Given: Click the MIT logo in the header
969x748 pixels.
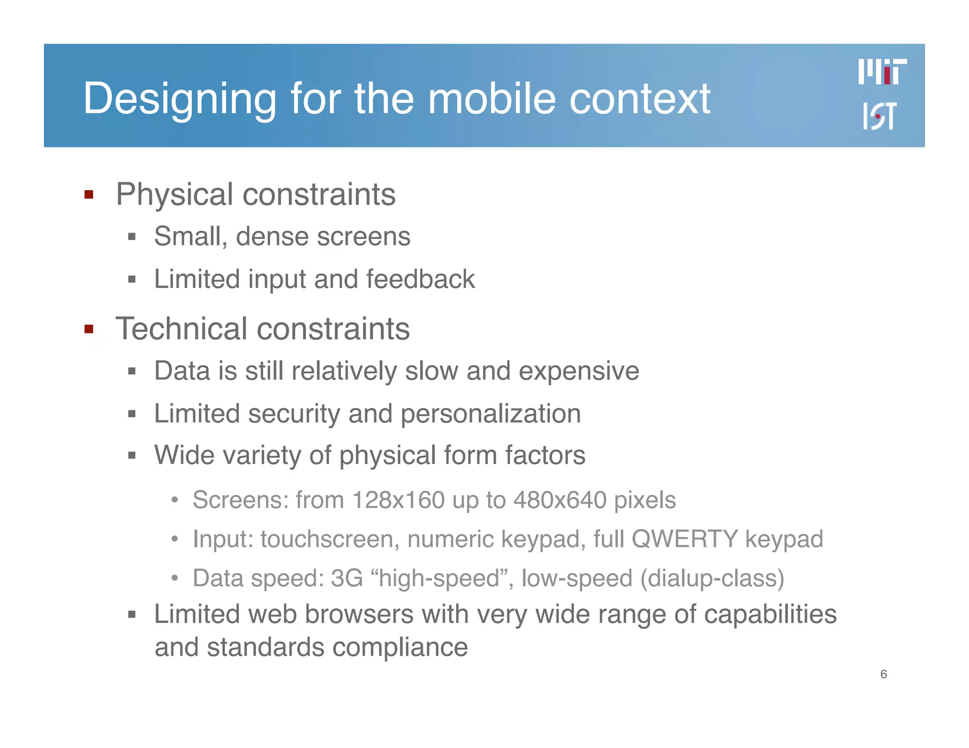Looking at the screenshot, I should [x=882, y=72].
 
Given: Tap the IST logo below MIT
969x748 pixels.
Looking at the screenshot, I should [x=879, y=116].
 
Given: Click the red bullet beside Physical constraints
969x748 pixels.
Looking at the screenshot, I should [x=88, y=194].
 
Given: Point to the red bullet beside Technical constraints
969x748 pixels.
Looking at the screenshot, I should [x=88, y=329].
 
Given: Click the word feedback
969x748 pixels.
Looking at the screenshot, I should [x=420, y=279].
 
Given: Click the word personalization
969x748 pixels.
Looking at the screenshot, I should [x=491, y=414].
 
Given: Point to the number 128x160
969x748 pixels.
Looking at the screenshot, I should [x=398, y=500].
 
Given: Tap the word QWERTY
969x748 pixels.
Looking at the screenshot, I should [x=685, y=539].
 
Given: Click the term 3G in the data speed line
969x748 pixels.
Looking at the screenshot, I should [x=346, y=578].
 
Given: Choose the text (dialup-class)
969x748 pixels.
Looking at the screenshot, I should [x=712, y=578].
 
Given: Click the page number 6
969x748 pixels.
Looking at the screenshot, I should [x=883, y=674].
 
